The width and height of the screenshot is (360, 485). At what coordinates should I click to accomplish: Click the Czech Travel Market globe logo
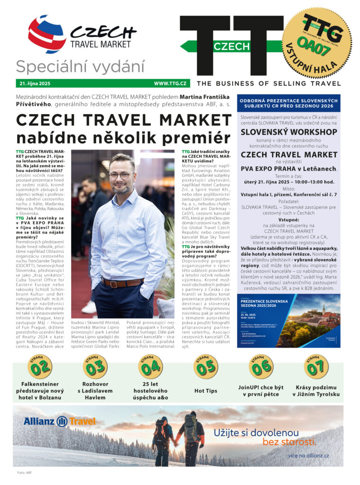tap(46, 33)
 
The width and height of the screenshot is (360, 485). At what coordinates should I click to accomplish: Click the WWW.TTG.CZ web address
tap(170, 83)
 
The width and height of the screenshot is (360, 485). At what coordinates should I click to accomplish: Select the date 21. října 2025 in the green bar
tap(35, 83)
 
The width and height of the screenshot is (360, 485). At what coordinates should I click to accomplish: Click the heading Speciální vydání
tap(80, 67)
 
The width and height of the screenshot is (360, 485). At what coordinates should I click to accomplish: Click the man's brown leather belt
tap(122, 283)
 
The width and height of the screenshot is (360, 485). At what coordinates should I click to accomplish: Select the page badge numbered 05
tap(206, 366)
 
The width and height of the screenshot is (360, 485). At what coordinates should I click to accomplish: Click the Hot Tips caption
tap(206, 390)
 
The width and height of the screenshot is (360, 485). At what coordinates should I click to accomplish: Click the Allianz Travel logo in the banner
tap(59, 421)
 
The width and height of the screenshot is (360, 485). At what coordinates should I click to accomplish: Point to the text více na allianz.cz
tap(308, 456)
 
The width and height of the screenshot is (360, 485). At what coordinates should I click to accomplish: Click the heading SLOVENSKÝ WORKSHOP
tap(288, 132)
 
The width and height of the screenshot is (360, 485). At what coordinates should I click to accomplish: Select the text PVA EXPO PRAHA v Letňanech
tap(288, 168)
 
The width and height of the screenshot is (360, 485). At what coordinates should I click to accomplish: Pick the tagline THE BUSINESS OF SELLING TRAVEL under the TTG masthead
tap(269, 83)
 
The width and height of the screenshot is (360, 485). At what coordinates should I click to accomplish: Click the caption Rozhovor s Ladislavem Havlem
tap(95, 390)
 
